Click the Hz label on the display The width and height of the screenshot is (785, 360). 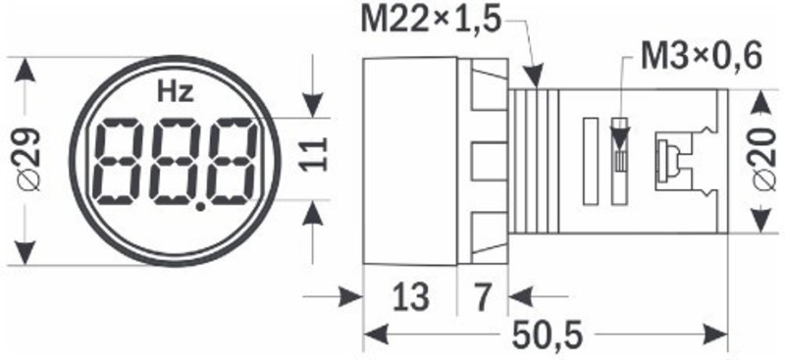(176, 92)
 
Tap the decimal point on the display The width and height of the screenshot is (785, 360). (201, 206)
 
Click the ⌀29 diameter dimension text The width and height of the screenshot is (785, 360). (28, 160)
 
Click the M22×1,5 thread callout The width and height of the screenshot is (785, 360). (431, 20)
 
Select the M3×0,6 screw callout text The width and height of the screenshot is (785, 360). (702, 57)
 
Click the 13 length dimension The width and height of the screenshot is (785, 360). (410, 296)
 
